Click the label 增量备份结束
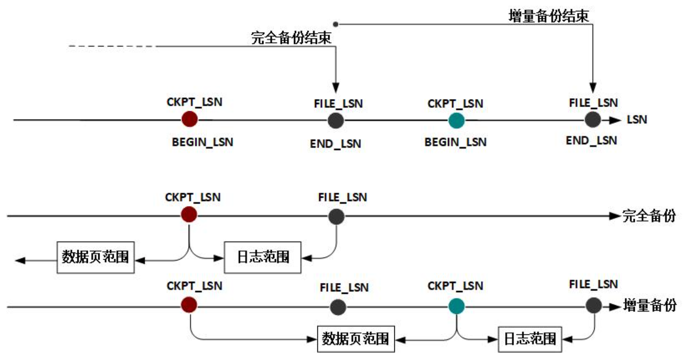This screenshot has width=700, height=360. (x=548, y=16)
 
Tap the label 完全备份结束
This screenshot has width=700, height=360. (x=291, y=38)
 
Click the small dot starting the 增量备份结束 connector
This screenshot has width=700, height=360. (x=335, y=24)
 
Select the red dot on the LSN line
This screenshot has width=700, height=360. (x=190, y=119)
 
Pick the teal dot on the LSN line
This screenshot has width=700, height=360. (x=456, y=120)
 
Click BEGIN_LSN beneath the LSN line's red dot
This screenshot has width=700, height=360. (x=202, y=142)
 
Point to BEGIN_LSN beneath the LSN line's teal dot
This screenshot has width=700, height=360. (x=455, y=142)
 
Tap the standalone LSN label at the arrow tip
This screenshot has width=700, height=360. (x=637, y=120)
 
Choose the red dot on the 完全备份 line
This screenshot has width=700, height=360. (x=189, y=214)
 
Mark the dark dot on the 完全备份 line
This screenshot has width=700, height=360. (x=336, y=216)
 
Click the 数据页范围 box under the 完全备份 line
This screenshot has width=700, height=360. (x=95, y=257)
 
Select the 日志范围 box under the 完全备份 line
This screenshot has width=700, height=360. (x=263, y=257)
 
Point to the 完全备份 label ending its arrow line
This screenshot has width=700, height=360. (x=649, y=216)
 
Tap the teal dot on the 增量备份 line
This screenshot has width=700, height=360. (x=457, y=306)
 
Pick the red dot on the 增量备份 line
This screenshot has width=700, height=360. (x=189, y=305)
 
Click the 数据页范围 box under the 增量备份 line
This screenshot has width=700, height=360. (x=356, y=339)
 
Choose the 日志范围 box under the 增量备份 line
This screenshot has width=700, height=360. (x=530, y=339)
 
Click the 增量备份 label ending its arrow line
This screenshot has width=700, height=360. (x=650, y=305)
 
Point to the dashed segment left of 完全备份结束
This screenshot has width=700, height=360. (x=112, y=46)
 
